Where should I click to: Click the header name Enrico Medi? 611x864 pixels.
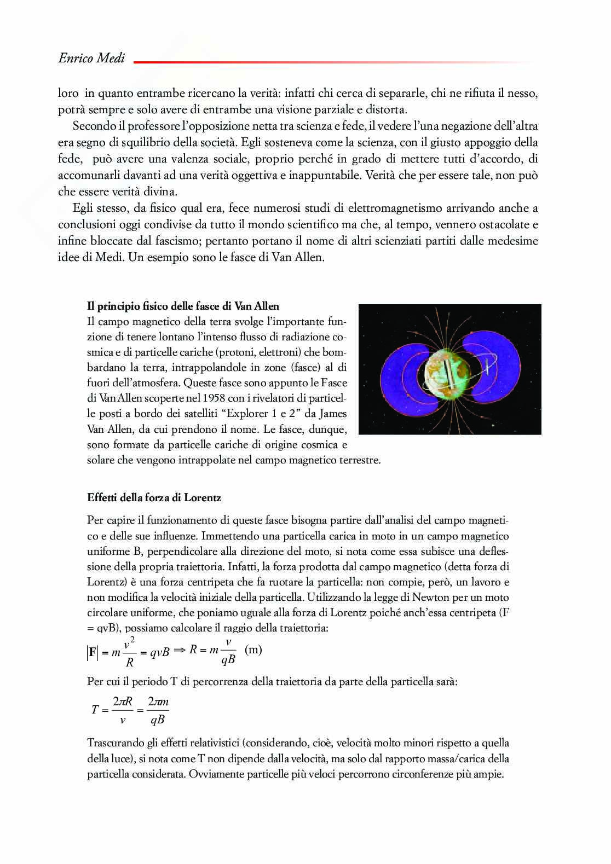coord(91,58)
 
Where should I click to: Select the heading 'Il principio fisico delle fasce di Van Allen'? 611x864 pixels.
coord(183,306)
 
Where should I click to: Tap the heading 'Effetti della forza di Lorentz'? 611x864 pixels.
coord(154,498)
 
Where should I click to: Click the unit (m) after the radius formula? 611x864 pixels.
coord(253,650)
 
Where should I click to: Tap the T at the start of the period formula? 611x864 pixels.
coord(95,710)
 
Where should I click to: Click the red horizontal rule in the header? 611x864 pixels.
coord(334,62)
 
